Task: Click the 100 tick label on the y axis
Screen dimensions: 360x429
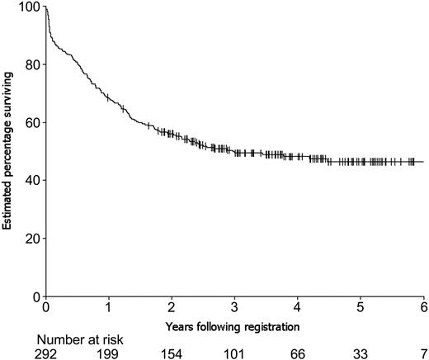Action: [28, 7]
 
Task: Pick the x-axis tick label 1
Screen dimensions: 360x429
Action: [109, 307]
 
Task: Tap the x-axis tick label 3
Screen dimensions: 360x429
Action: [235, 307]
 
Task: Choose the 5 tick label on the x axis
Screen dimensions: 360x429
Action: [361, 307]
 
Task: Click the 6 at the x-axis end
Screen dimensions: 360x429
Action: [424, 307]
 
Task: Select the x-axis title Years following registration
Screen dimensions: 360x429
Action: [235, 327]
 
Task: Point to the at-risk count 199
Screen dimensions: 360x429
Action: [109, 353]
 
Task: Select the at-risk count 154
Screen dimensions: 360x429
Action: [172, 353]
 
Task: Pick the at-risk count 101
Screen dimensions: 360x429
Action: [235, 353]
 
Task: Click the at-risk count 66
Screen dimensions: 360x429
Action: [298, 353]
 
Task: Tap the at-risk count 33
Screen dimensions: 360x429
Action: [361, 353]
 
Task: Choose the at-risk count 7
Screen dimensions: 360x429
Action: [424, 353]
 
